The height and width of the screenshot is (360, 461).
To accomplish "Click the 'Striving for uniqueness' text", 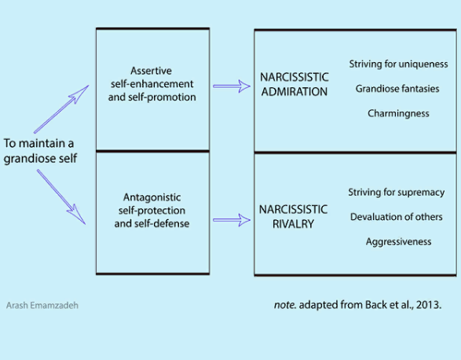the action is pos(398,64).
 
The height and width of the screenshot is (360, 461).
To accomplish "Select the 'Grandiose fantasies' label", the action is pos(397,89).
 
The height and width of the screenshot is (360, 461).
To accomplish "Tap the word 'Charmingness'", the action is pos(398,113).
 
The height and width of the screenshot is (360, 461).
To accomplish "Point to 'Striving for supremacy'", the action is pos(397,193).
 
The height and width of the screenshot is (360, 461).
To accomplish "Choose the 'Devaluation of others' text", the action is pos(397,217).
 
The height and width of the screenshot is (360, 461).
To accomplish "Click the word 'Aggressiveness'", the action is pos(398,241).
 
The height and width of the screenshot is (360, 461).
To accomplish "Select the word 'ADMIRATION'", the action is pos(295,91).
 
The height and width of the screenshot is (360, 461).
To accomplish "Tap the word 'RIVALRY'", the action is pos(293,224).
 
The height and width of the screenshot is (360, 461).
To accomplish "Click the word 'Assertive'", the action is pos(151,71).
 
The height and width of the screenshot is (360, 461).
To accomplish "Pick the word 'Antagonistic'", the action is pos(152,197).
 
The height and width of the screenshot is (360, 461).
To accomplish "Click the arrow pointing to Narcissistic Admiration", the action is pos(232,86).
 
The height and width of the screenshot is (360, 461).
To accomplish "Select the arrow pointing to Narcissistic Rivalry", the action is pos(232,220).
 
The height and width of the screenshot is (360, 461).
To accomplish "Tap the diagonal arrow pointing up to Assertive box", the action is pos(61,109).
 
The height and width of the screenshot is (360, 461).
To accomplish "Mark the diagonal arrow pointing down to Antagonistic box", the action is pos(61,197).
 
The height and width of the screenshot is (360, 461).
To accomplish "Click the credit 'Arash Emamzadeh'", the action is pos(42,305).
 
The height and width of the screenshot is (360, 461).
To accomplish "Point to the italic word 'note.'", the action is pos(285,305).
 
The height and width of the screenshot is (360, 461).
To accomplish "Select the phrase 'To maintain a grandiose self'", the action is pos(40,151).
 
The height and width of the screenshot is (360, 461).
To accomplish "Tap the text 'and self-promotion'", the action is pos(152,97).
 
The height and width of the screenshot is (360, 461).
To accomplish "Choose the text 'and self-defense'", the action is pos(152,223).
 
